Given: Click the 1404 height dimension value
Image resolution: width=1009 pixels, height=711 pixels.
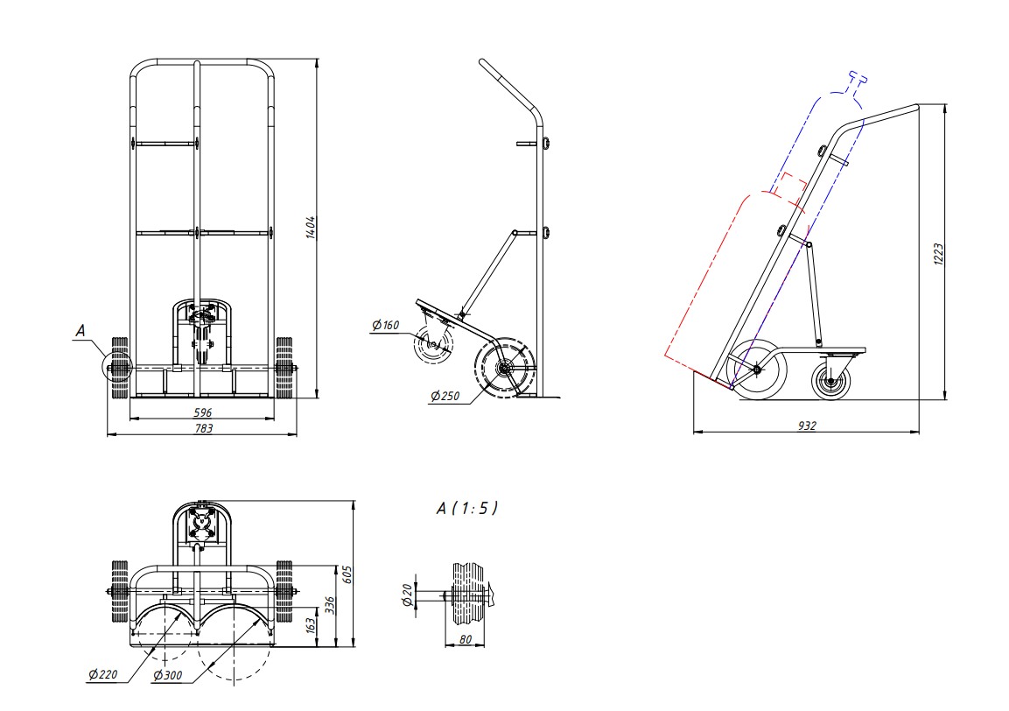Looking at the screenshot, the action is [311, 228].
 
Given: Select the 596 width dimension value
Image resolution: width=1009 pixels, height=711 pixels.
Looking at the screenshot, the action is [203, 412].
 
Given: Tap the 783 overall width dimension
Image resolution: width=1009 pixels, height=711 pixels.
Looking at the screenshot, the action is [203, 428].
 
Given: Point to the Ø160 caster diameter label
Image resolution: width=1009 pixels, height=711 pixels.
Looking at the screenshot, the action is [385, 325].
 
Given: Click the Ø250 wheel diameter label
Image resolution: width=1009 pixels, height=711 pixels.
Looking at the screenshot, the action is [445, 396].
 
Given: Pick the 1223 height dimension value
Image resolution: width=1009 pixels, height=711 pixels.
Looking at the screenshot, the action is [938, 254].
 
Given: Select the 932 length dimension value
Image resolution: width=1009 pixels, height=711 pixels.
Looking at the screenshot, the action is [807, 426].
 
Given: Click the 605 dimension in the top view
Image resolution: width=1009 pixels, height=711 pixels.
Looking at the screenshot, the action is [347, 574].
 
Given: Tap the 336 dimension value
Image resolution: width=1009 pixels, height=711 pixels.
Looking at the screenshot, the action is [329, 605].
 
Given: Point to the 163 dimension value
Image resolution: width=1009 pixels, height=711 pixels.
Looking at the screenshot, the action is [311, 624].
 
